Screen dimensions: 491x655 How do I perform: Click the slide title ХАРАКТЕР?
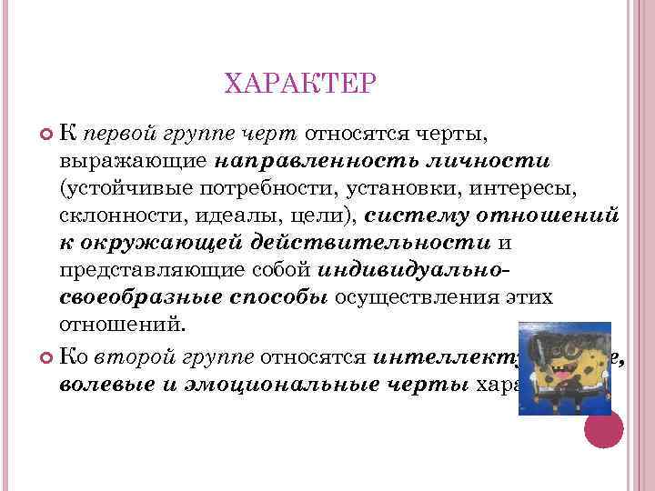[x=299, y=85]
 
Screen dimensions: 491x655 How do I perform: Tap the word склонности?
[x=117, y=215]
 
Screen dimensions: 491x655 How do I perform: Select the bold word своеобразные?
[x=123, y=296]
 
